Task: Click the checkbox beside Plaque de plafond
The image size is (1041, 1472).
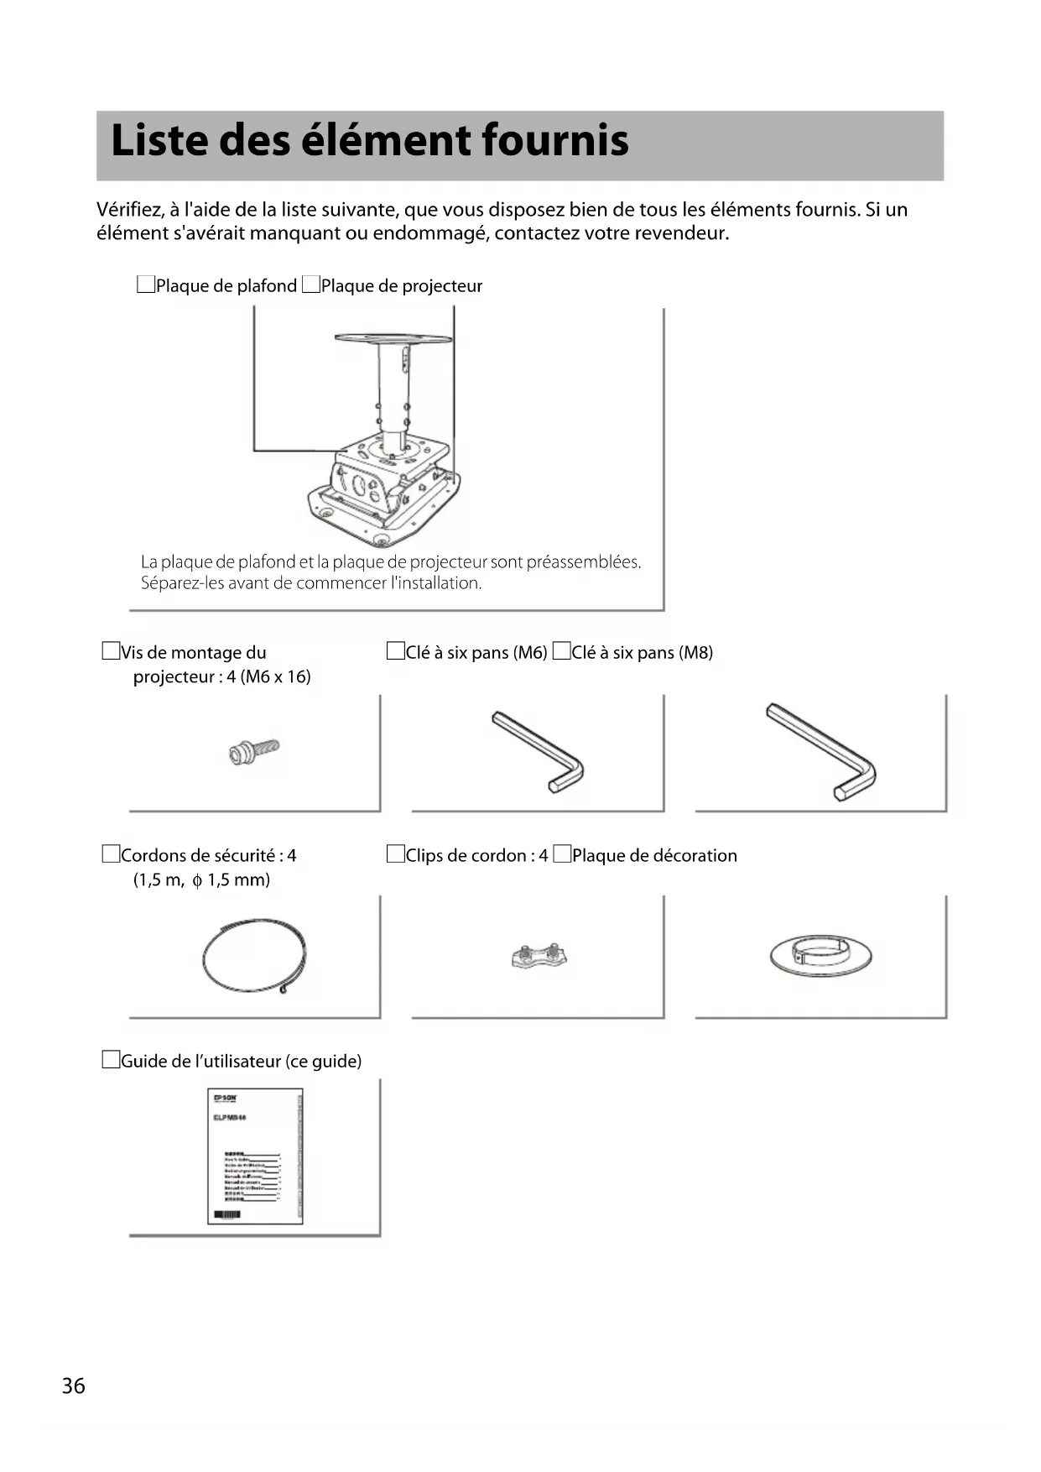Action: coord(146,285)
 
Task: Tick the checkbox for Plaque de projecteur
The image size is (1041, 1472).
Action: coord(311,285)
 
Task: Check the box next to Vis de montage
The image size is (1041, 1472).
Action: coord(111,651)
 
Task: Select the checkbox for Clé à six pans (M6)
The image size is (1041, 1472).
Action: coord(395,651)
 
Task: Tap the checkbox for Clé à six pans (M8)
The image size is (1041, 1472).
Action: coord(561,651)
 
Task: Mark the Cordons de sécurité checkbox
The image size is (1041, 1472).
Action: coord(111,854)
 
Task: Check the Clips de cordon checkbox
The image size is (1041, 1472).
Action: coord(395,854)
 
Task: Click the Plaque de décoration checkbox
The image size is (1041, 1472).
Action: coord(562,854)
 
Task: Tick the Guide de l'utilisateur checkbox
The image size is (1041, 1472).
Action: coord(111,1060)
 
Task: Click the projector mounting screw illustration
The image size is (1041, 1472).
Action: coord(253,751)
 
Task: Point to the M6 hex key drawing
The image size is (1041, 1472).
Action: coord(539,752)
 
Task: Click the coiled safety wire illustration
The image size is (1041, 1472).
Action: coord(254,957)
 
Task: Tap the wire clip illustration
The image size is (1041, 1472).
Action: coord(539,957)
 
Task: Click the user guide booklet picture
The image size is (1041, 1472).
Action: coord(255,1156)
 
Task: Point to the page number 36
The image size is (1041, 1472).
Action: coord(74,1386)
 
